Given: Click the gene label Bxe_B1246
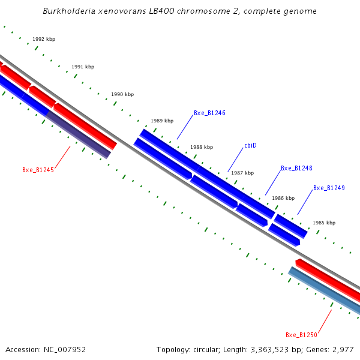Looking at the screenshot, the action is [209, 113].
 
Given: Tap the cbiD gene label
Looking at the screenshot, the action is [250, 146].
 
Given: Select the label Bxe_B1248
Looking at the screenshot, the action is [296, 168].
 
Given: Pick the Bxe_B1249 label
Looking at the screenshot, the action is [329, 188].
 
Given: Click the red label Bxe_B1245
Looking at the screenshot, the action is [38, 170].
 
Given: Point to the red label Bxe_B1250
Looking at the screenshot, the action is [301, 335].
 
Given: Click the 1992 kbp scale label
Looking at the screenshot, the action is [44, 39].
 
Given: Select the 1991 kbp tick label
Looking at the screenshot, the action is [83, 67].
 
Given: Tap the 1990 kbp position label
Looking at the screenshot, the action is [122, 94].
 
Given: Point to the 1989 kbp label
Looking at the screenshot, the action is [162, 121].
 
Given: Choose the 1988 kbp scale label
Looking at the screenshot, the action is [202, 147].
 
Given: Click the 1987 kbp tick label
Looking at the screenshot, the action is [242, 173].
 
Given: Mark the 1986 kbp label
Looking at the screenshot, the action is [283, 198].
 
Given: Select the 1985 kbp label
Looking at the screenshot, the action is [324, 223].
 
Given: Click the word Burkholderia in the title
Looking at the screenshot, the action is [67, 11].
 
